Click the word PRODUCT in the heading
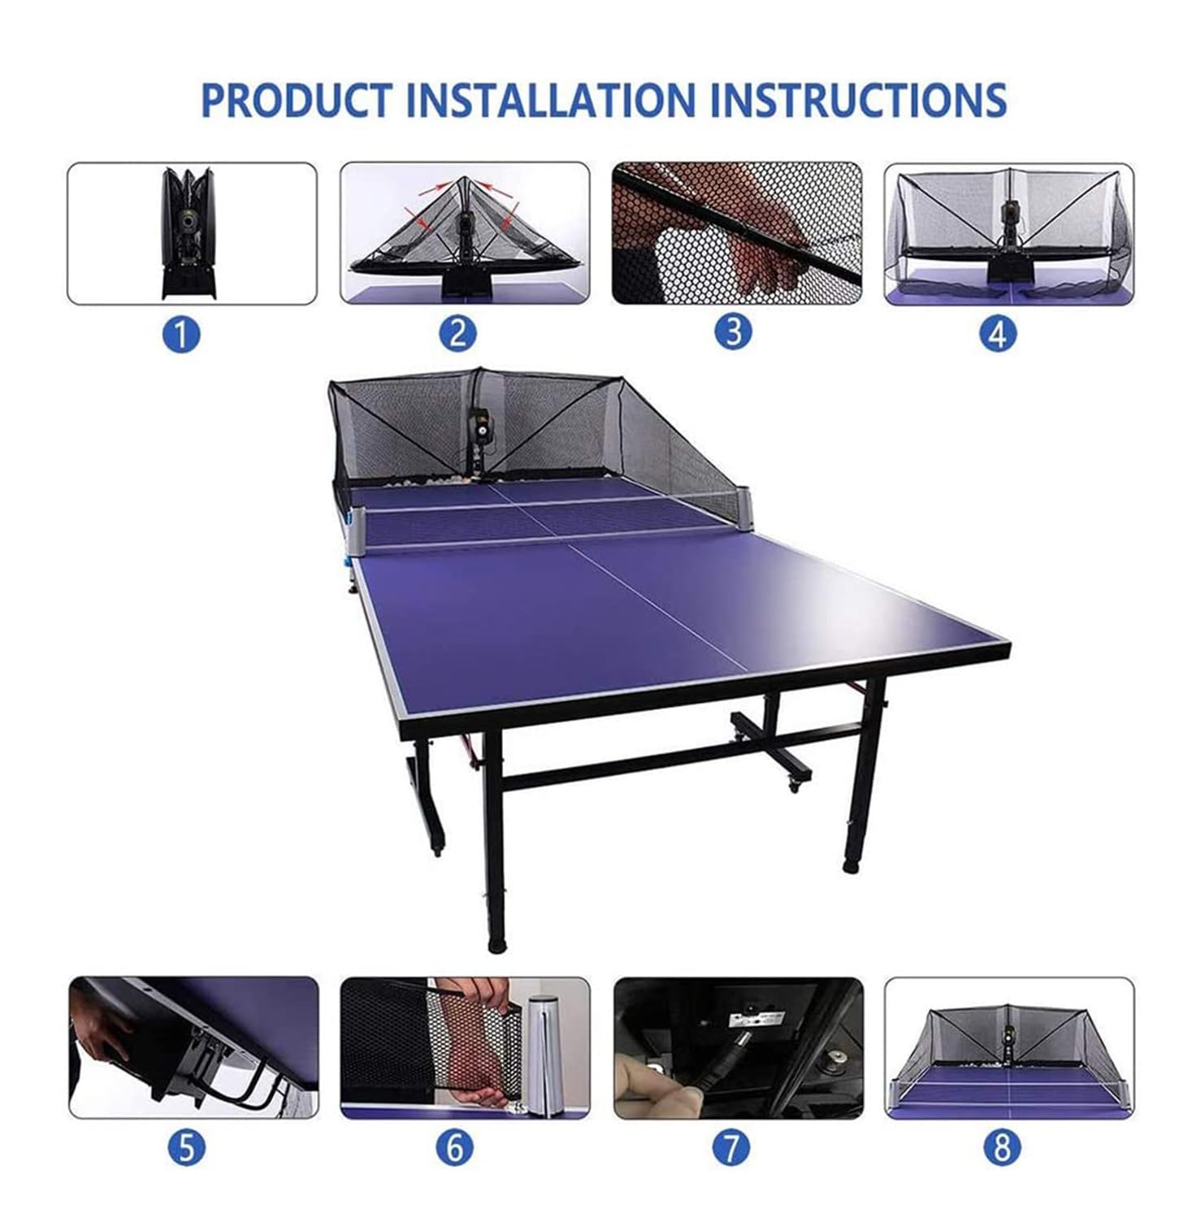pyautogui.click(x=296, y=99)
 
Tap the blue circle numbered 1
pyautogui.click(x=182, y=334)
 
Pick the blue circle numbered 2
pyautogui.click(x=457, y=333)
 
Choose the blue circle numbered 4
pyautogui.click(x=999, y=333)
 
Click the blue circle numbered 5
pyautogui.click(x=187, y=1148)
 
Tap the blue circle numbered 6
pyautogui.click(x=455, y=1148)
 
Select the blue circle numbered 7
pyautogui.click(x=731, y=1148)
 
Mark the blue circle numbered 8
pyautogui.click(x=1001, y=1148)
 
